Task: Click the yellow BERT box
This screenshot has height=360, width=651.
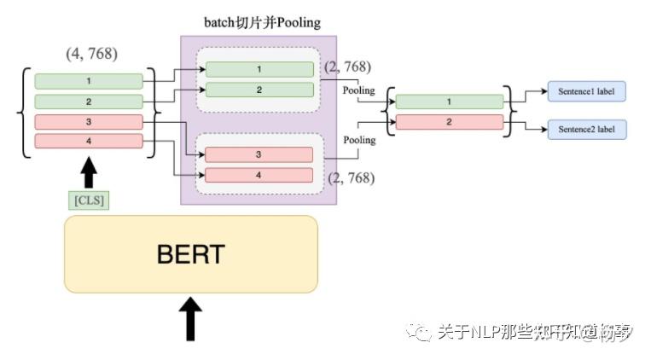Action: (191, 254)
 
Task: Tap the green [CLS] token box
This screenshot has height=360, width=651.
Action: (89, 200)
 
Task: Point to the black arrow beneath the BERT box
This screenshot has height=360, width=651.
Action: (192, 318)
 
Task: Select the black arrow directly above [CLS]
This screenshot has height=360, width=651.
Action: (89, 174)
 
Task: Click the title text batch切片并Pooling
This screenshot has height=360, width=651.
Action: (258, 21)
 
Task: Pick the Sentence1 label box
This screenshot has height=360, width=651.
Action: (586, 90)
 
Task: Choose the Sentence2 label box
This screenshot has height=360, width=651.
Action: (586, 130)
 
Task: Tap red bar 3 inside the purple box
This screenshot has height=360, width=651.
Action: (259, 154)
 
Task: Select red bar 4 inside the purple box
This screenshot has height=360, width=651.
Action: (259, 175)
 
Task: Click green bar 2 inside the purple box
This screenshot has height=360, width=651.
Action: (259, 90)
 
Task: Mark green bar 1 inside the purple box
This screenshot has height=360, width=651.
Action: (259, 69)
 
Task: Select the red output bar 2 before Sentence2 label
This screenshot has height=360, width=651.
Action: (449, 122)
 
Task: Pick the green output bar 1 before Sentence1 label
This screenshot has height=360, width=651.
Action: (449, 102)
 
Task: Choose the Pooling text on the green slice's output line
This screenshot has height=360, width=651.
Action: (358, 90)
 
